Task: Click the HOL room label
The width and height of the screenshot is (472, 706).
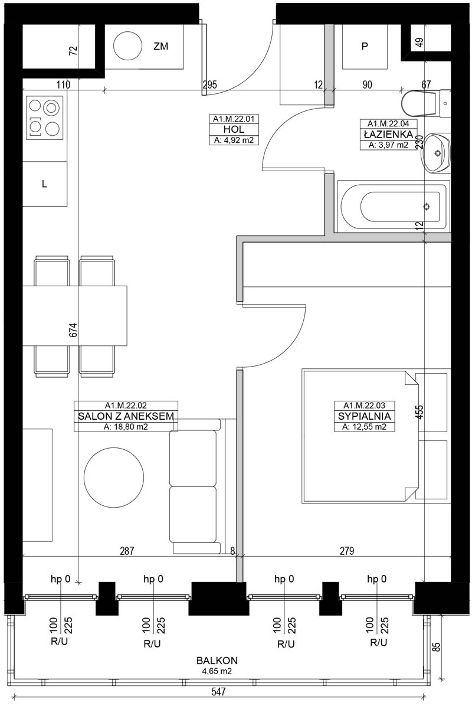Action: tap(234, 130)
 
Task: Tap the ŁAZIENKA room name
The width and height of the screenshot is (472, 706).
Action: tap(388, 134)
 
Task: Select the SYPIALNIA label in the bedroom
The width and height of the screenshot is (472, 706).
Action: tap(365, 417)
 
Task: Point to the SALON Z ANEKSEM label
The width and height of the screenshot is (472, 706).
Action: tap(126, 416)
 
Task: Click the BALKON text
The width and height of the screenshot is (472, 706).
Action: tap(217, 661)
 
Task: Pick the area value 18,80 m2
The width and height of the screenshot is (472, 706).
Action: tap(126, 427)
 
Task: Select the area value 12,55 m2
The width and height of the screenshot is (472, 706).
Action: tap(365, 427)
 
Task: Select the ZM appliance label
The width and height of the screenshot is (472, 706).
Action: tap(160, 46)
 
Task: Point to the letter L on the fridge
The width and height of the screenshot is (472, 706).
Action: tap(44, 184)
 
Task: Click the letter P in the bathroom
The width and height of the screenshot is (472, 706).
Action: tap(365, 46)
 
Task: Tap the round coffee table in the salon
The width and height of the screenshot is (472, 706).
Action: tap(114, 476)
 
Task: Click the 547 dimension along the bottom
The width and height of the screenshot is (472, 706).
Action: tap(218, 691)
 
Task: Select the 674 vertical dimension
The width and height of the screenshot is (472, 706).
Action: tap(73, 330)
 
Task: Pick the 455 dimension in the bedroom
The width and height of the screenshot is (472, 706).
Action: tap(419, 413)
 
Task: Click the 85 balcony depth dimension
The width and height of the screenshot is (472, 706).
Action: tap(436, 646)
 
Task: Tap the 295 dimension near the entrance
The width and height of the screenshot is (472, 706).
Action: tap(209, 84)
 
